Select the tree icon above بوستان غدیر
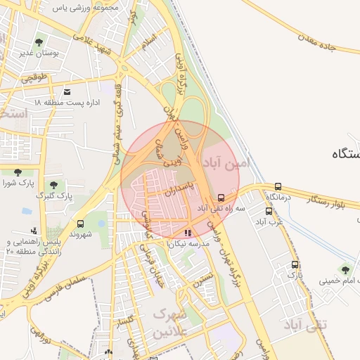[38, 42]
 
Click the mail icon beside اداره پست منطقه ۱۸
[67, 92]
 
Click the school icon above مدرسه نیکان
[187, 233]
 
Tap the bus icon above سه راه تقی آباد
[221, 198]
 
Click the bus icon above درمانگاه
[278, 186]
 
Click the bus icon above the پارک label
[295, 265]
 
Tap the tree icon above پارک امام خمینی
[345, 269]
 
